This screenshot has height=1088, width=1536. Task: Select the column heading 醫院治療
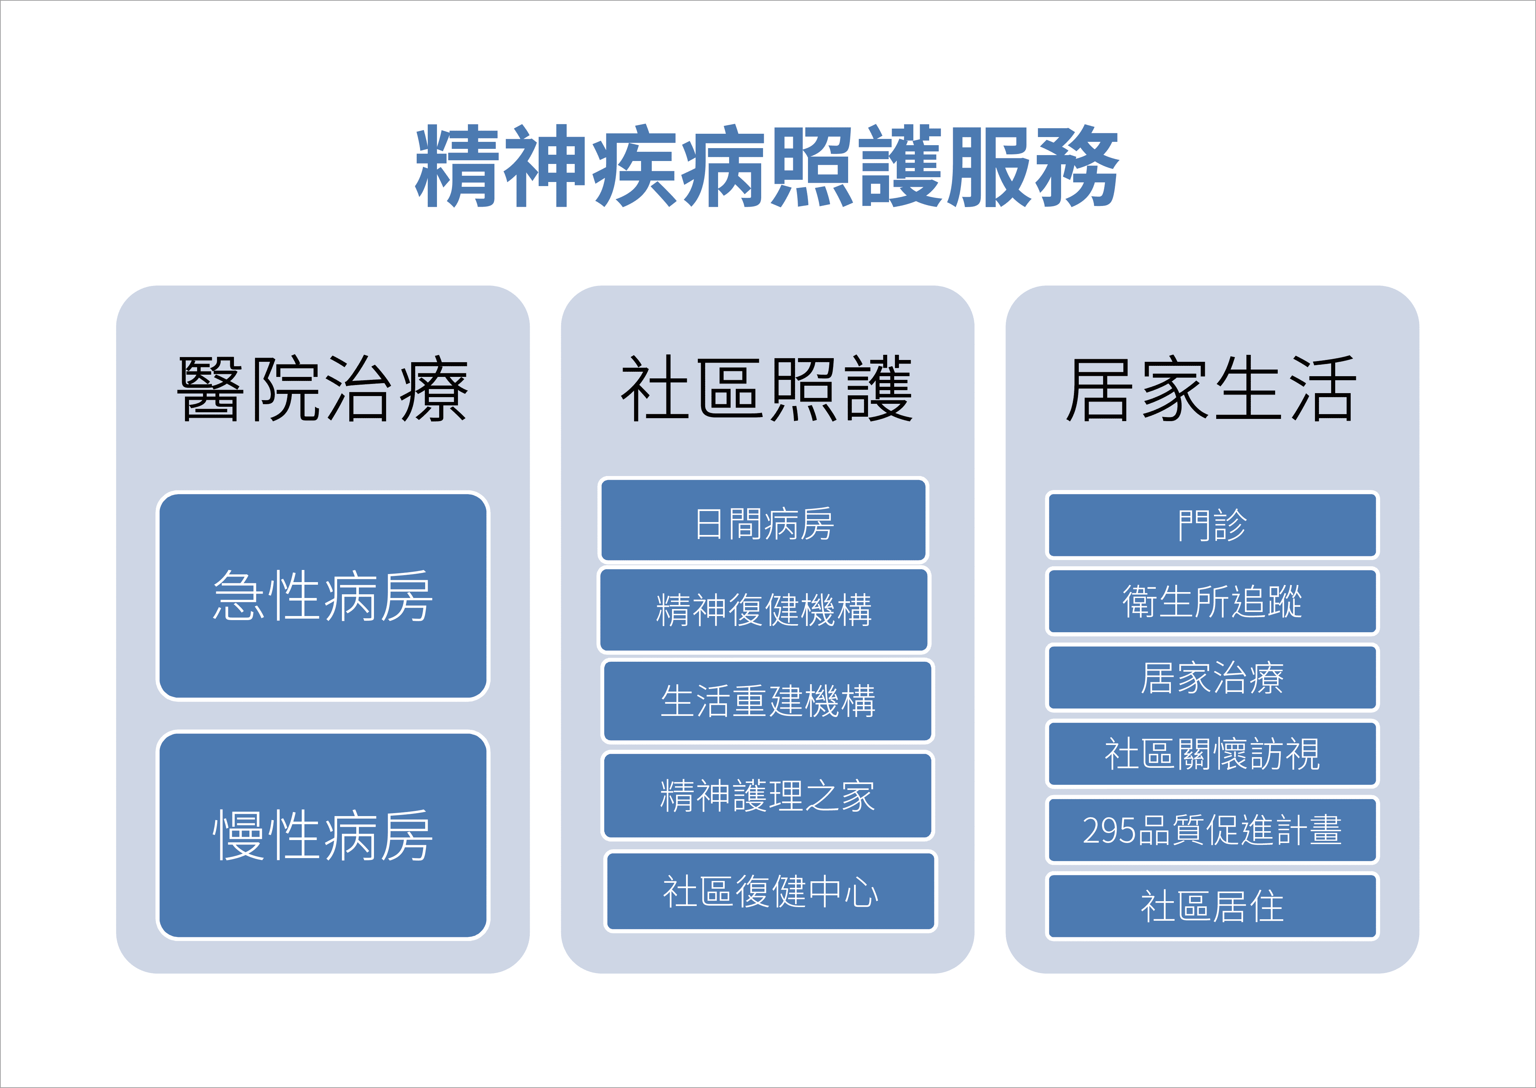pos(322,389)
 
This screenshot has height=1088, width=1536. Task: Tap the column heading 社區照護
pos(767,389)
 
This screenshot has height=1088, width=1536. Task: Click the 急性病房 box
pos(323,596)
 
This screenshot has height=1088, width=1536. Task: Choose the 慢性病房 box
pos(323,835)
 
